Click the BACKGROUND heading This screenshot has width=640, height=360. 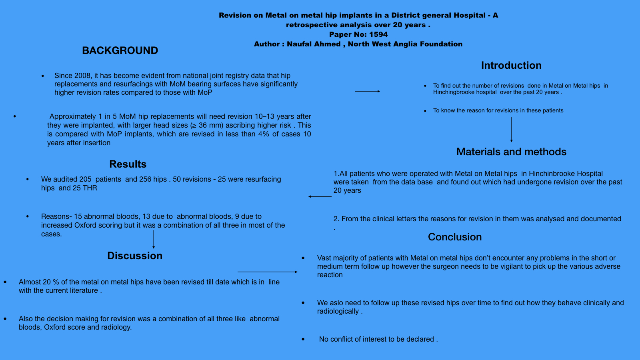120,50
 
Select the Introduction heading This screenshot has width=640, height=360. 511,65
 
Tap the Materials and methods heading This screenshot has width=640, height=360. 511,152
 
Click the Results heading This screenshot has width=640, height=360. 128,164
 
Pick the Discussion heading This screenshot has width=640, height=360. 135,256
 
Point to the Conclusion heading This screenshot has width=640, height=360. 455,237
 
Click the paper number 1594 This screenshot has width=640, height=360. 378,34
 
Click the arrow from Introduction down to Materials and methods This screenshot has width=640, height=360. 511,129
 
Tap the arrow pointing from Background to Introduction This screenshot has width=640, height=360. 367,91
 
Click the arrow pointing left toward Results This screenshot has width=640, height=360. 320,196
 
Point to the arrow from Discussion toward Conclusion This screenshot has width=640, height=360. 267,272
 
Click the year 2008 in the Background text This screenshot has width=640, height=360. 82,76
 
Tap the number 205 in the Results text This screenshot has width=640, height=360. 85,179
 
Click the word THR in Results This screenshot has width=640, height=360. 90,188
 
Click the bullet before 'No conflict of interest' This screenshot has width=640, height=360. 303,339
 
